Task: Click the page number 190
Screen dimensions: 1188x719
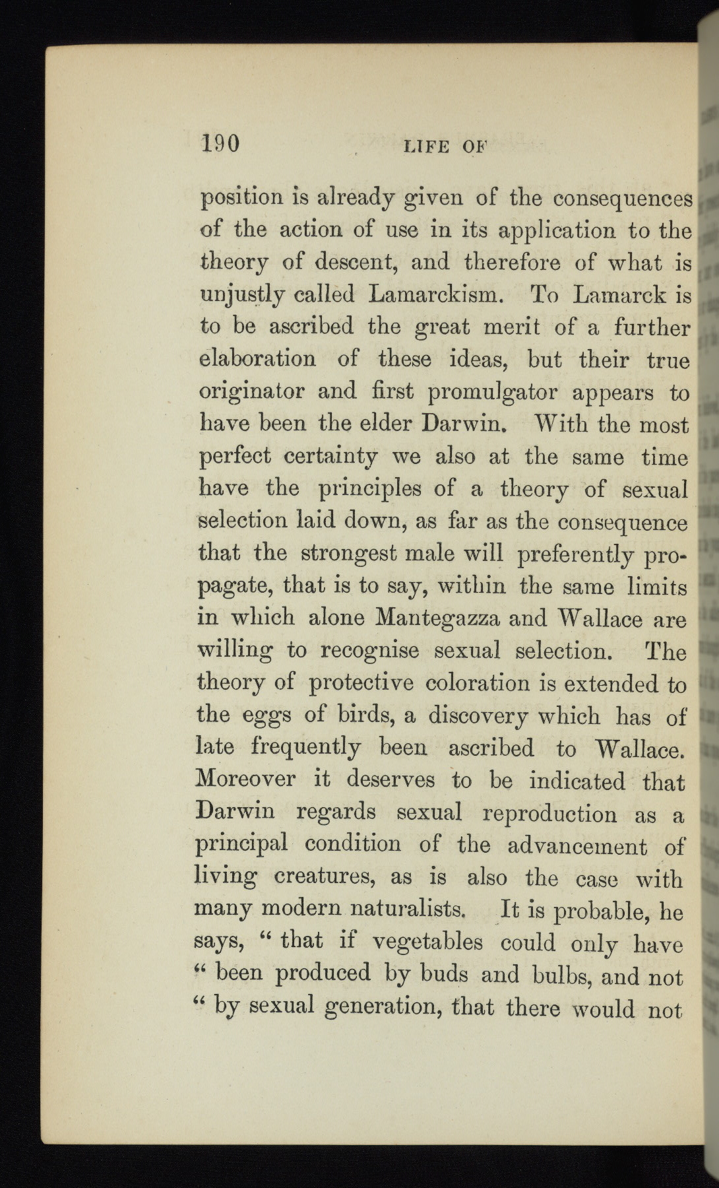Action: [x=220, y=143]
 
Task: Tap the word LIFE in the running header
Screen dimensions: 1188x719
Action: [x=426, y=147]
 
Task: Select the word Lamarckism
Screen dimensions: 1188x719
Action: [x=437, y=294]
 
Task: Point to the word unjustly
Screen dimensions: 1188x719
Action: [x=241, y=294]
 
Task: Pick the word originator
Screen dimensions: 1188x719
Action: [x=251, y=392]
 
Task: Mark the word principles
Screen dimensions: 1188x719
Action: [x=369, y=489]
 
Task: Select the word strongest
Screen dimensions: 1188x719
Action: [x=350, y=553]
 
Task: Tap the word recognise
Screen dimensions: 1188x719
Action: [x=369, y=650]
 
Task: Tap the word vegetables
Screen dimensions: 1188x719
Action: [x=427, y=942]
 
